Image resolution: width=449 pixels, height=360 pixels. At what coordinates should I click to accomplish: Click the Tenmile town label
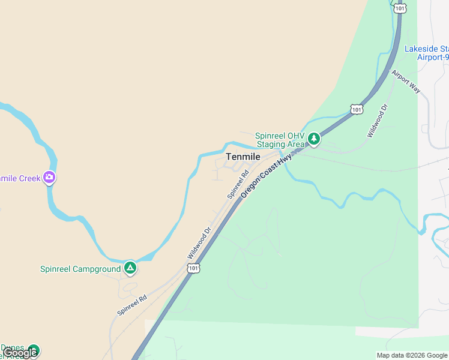click(x=243, y=157)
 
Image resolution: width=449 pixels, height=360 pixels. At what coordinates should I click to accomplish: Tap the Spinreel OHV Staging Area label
click(x=280, y=140)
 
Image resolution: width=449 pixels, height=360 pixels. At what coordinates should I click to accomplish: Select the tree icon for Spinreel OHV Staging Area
click(x=313, y=139)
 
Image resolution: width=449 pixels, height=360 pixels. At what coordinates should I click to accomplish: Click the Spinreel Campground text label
click(x=80, y=269)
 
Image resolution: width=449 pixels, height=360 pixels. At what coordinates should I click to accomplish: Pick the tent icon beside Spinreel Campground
click(x=130, y=268)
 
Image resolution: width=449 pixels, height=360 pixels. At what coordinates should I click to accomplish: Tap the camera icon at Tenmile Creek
click(x=49, y=177)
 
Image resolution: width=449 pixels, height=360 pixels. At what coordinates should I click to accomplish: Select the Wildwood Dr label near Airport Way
click(x=378, y=121)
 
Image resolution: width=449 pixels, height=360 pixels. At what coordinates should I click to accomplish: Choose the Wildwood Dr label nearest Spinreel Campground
click(x=199, y=242)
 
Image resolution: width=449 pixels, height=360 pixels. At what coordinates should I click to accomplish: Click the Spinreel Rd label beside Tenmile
click(x=238, y=185)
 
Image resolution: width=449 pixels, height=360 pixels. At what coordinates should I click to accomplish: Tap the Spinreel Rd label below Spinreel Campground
click(x=132, y=305)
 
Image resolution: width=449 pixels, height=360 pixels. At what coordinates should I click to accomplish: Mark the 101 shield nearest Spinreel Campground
click(x=193, y=268)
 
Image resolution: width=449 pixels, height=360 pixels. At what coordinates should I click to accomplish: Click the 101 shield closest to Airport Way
click(x=357, y=109)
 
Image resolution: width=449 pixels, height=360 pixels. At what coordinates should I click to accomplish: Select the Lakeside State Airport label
click(x=427, y=53)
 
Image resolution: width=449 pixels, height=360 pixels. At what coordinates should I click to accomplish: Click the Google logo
click(x=20, y=353)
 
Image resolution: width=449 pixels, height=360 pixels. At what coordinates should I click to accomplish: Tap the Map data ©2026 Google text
click(x=412, y=355)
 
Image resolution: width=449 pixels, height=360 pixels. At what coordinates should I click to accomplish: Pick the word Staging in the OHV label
click(x=272, y=144)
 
